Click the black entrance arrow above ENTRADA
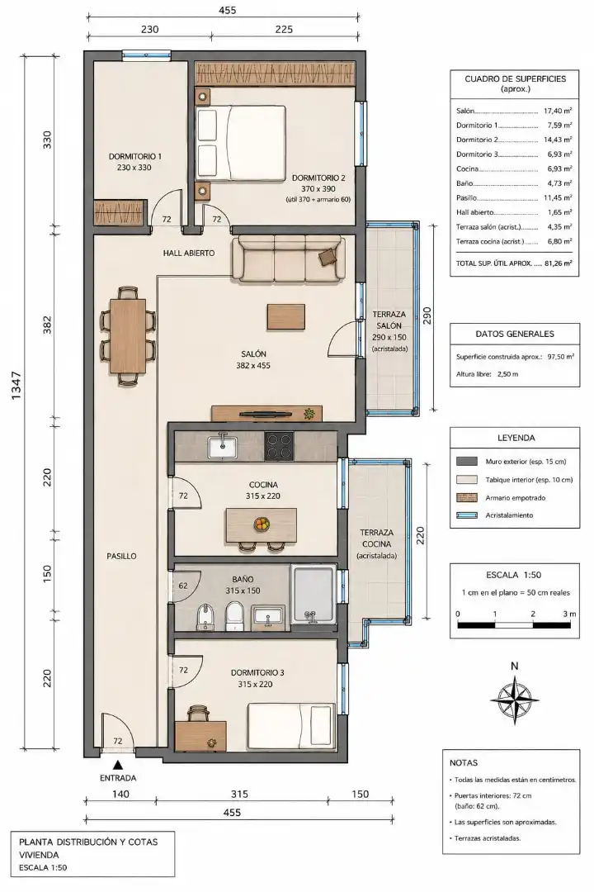118,765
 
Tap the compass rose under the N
515,699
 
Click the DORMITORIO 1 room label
135,156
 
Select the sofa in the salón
288,259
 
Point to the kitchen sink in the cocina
222,445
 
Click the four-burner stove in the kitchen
280,446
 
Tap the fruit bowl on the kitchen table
262,524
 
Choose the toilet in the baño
233,617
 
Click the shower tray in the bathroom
313,595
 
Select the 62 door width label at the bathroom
183,586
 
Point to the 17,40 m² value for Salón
558,111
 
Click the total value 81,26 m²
558,263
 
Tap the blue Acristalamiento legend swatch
467,515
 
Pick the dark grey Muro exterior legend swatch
467,462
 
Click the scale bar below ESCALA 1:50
515,625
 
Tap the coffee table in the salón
286,317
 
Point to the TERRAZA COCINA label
376,539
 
